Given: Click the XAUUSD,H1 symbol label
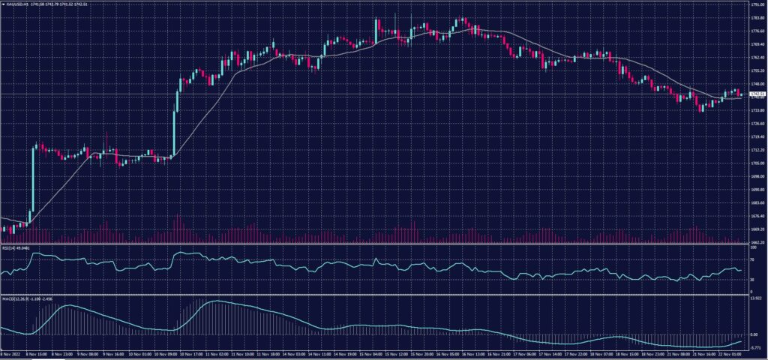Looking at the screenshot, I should point(16,4).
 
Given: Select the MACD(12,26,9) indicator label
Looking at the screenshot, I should point(13,298).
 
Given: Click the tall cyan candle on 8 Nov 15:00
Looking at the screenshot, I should point(32,180).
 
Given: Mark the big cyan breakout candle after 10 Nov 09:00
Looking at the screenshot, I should point(175,124).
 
